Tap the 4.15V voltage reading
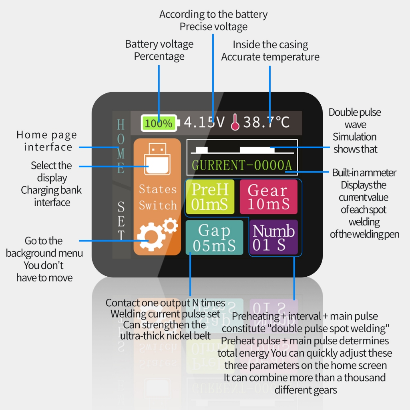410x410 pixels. point(204,122)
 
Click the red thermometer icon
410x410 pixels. point(235,122)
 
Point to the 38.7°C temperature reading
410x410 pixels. point(266,122)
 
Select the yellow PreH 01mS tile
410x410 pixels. point(210,197)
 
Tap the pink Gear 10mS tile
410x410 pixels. point(269,197)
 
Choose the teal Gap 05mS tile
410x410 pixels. point(214,237)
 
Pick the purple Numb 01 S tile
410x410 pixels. point(273,237)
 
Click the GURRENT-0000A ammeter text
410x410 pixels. point(241,165)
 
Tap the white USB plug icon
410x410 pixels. point(157,159)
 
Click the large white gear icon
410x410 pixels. point(151,236)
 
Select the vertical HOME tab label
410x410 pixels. point(121,147)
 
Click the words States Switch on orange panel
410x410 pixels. point(158,197)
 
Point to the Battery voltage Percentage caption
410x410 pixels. point(159,50)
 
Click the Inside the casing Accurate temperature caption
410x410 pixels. point(270,50)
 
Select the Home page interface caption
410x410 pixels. point(47,141)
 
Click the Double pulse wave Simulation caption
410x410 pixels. point(355,131)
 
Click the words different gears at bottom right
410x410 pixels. point(305,390)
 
